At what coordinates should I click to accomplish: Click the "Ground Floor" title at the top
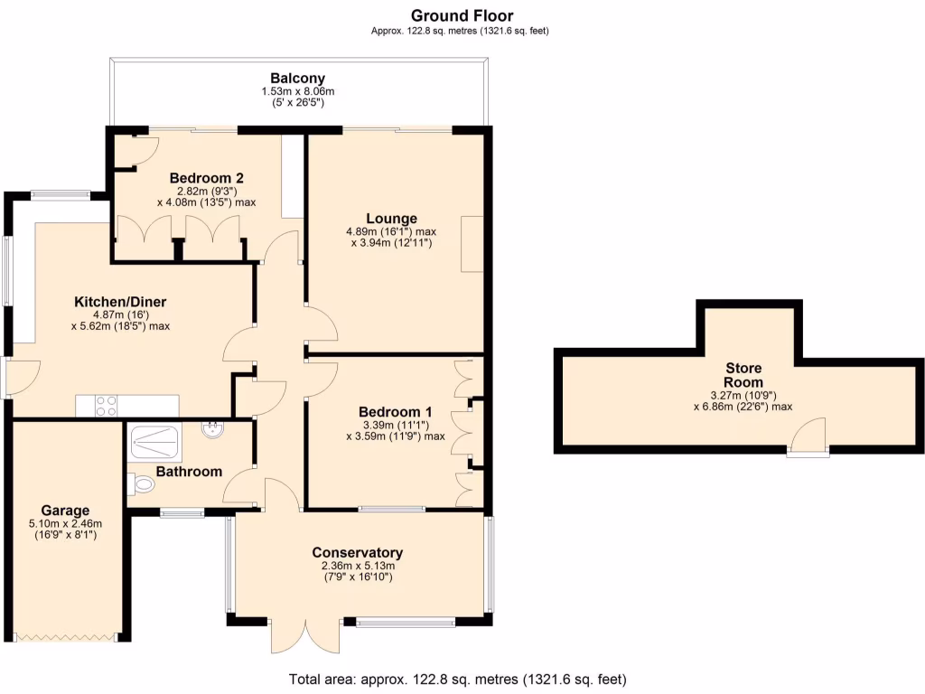click(x=462, y=15)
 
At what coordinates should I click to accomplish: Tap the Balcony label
click(x=297, y=79)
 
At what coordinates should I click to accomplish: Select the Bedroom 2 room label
click(x=206, y=178)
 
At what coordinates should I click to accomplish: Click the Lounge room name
click(x=391, y=219)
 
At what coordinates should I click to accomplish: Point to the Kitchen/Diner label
click(x=120, y=302)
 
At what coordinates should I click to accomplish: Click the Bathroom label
click(x=189, y=472)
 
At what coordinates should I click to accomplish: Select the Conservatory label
click(x=357, y=553)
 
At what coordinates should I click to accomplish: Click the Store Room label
click(x=743, y=375)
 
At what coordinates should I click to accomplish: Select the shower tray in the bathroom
click(x=156, y=442)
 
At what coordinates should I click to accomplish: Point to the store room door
click(x=808, y=438)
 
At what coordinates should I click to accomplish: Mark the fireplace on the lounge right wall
click(x=472, y=244)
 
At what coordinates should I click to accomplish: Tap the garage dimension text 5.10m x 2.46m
click(x=65, y=523)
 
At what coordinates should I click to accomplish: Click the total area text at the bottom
click(x=457, y=679)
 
